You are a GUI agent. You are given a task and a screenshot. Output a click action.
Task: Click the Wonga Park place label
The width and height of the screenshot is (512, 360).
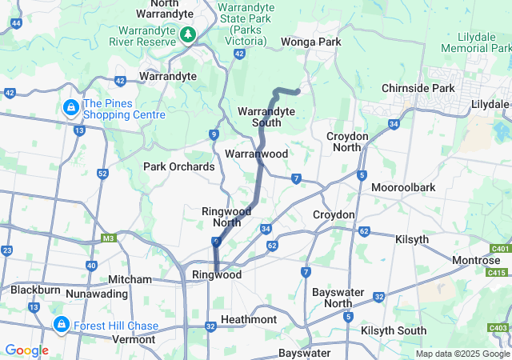coord(310,42)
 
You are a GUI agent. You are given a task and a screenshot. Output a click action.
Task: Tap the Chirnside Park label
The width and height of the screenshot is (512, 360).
coord(418,87)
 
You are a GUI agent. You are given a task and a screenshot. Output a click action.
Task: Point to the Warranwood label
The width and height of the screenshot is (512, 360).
coord(256,152)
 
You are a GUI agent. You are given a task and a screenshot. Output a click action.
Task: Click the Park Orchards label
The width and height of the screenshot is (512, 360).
coord(178,166)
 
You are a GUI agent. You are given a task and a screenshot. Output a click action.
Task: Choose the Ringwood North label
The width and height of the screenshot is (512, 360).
coord(226,216)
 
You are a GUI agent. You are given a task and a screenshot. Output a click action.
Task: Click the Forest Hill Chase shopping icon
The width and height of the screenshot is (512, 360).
coord(61,325)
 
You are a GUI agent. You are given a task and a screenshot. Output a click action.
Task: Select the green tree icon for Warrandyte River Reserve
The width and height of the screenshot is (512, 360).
coord(187,34)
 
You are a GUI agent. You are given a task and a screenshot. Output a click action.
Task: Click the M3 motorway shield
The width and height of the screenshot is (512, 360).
coord(108,238)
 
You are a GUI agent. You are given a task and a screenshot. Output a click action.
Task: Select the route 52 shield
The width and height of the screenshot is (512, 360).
coord(102,174)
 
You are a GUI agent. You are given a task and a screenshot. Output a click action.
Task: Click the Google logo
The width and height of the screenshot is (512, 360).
coord(26,350)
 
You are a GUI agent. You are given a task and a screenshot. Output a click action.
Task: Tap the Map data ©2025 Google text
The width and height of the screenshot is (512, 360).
coord(462,354)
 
